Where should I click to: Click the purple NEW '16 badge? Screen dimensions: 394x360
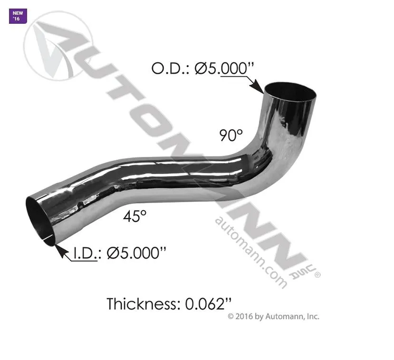pyautogui.click(x=18, y=16)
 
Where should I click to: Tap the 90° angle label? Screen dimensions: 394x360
pyautogui.click(x=231, y=135)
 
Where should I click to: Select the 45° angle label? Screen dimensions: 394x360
pyautogui.click(x=135, y=216)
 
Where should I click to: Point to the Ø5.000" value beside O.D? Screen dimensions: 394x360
pyautogui.click(x=224, y=68)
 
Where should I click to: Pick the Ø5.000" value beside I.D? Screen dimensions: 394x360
pyautogui.click(x=136, y=253)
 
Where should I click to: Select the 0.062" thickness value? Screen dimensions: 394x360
pyautogui.click(x=208, y=304)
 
